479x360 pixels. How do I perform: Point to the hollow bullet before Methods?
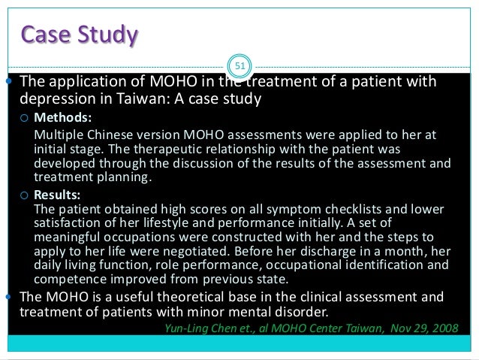click(x=25, y=119)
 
